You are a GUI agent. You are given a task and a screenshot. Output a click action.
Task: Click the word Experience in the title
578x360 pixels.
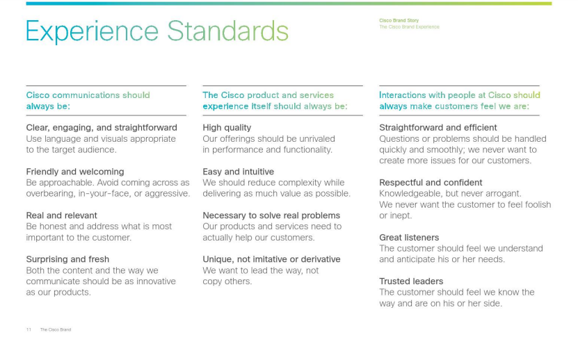tap(92, 32)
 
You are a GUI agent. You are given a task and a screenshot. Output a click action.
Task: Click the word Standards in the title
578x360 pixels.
tap(228, 31)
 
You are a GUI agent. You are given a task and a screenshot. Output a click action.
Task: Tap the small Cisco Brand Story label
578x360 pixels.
tap(399, 21)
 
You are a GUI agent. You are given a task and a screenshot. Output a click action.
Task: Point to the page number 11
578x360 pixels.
tap(29, 329)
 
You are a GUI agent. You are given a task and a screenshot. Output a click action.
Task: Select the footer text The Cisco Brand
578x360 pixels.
tap(55, 329)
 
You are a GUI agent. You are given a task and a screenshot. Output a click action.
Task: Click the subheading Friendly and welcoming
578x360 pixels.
tap(75, 172)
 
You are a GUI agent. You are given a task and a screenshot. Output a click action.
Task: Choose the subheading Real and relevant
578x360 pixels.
tap(62, 215)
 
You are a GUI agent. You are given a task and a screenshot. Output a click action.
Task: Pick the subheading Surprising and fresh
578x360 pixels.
tap(67, 259)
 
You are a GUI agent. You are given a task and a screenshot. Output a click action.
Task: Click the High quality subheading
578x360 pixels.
tap(227, 128)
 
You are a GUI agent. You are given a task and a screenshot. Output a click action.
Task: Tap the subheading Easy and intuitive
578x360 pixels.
tap(238, 172)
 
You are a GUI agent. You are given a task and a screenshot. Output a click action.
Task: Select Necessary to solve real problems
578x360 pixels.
tap(271, 215)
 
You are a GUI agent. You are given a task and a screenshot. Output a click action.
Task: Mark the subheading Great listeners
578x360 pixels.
tap(409, 238)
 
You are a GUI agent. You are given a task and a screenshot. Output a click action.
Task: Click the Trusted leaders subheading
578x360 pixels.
tap(411, 281)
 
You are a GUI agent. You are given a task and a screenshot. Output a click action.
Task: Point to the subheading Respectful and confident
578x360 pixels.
tap(431, 183)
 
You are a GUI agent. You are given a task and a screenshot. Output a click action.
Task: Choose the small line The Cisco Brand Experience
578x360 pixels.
tap(409, 27)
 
